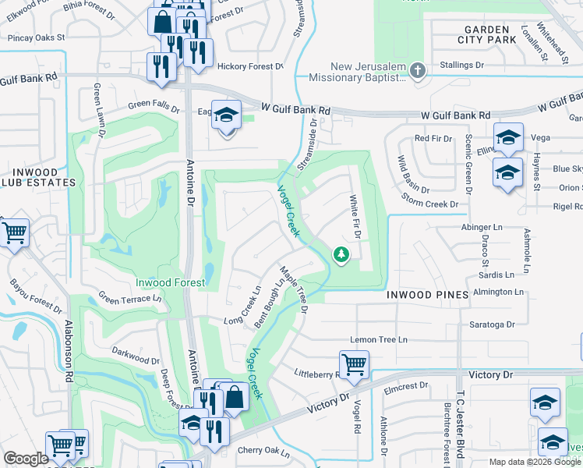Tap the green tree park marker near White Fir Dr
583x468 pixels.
tap(341, 255)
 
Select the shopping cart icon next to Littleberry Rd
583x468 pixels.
tap(354, 364)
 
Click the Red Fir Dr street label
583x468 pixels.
tap(433, 138)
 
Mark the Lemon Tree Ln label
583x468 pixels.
tap(379, 340)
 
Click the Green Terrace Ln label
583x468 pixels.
tap(129, 298)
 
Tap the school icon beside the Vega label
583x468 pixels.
tap(508, 137)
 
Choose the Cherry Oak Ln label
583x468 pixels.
tap(263, 450)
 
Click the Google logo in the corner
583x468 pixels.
tap(26, 459)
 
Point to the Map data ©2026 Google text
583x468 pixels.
tap(534, 462)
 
